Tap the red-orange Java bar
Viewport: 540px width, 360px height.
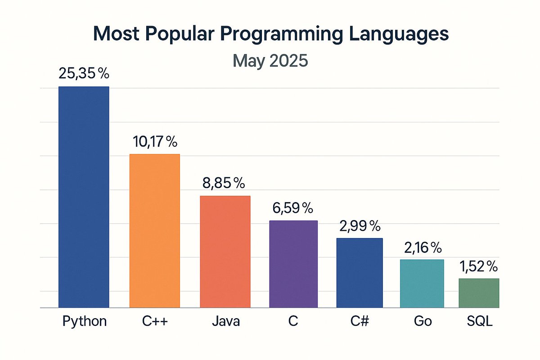click(225, 252)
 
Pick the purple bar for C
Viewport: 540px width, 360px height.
click(293, 264)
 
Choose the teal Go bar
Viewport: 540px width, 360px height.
click(422, 283)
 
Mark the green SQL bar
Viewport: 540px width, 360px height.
click(479, 293)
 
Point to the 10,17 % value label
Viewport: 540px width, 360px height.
click(155, 142)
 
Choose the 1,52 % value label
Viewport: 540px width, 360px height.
click(478, 266)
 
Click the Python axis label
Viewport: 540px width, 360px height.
click(85, 321)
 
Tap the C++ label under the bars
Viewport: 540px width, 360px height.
click(154, 321)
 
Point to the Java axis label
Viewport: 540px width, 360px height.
click(225, 321)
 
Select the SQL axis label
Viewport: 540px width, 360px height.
click(479, 321)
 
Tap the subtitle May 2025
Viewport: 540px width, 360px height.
click(270, 60)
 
